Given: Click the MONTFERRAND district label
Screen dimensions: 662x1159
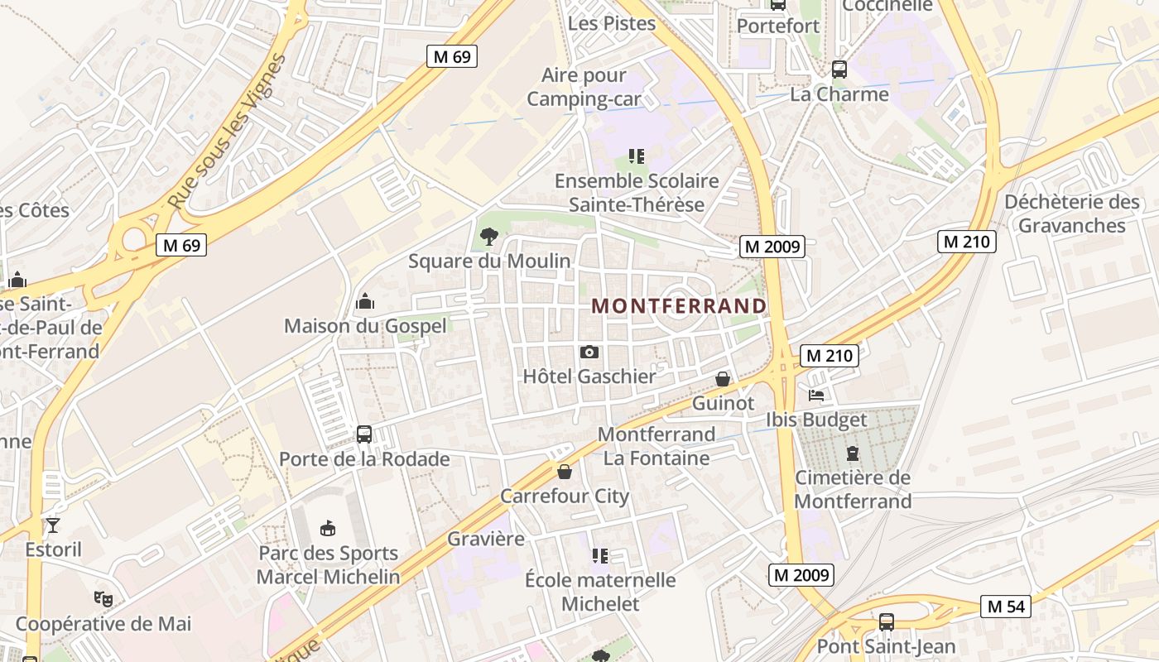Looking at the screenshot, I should click(679, 305).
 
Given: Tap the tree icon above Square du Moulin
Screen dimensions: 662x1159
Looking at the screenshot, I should click(489, 237).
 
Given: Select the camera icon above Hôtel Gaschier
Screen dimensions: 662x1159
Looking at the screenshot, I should click(589, 352).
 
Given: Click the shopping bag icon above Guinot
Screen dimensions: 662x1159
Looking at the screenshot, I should click(723, 379).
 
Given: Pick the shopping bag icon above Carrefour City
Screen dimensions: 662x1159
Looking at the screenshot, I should click(565, 472).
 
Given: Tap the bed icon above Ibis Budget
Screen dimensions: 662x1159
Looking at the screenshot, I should click(816, 395).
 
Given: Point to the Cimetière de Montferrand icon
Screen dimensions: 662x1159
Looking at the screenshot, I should click(853, 453).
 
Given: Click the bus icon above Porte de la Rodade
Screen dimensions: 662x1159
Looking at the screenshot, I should click(363, 434).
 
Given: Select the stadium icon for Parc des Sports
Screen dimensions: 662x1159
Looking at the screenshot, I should click(328, 528).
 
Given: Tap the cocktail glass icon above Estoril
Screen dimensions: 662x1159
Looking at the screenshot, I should click(53, 525).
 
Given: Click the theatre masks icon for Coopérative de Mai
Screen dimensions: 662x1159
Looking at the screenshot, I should click(103, 597).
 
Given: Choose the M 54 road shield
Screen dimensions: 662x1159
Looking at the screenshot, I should click(1007, 606).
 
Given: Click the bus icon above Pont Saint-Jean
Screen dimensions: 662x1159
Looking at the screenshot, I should click(887, 621).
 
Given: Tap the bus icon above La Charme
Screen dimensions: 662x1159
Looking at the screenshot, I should click(839, 70).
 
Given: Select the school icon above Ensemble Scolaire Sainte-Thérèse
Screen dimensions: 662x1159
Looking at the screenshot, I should click(636, 156).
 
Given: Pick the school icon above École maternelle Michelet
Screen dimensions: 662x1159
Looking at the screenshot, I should click(600, 555).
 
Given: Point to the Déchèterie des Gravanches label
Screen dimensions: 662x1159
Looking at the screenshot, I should click(1072, 213).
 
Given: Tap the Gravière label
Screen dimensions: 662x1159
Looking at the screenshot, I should click(486, 539).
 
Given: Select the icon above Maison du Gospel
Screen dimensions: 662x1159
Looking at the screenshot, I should click(365, 301).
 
